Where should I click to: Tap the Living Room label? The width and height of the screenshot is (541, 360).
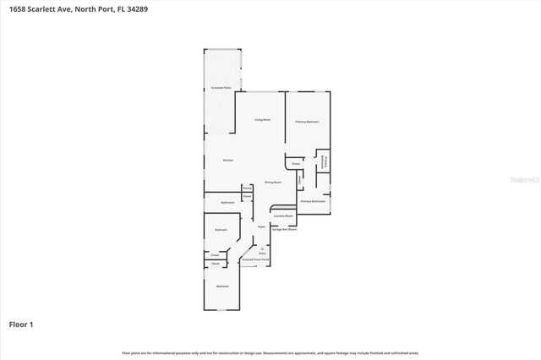(x=263, y=120)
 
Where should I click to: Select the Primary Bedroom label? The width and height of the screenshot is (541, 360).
(x=307, y=123)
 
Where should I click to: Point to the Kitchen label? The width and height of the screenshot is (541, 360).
(x=227, y=160)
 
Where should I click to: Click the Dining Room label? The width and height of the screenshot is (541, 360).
(x=272, y=182)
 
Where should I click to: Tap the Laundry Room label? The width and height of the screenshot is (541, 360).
(x=282, y=215)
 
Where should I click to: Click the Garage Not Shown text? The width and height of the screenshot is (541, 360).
(x=283, y=228)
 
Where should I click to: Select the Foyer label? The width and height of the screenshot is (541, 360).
(x=261, y=227)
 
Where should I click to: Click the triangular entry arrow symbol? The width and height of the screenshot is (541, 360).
(x=262, y=246)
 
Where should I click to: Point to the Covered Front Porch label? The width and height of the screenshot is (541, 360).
(x=255, y=259)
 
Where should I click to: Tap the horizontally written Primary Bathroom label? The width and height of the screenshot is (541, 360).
(x=313, y=201)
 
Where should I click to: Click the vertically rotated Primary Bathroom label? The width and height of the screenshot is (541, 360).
(x=323, y=162)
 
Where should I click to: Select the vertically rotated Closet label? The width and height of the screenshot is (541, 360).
(x=299, y=179)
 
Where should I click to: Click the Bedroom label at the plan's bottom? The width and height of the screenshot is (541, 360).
(x=221, y=286)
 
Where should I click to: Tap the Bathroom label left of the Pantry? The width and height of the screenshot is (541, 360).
(x=227, y=203)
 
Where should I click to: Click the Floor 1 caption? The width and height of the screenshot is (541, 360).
(x=21, y=324)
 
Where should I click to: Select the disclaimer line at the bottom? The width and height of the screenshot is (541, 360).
(x=270, y=352)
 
